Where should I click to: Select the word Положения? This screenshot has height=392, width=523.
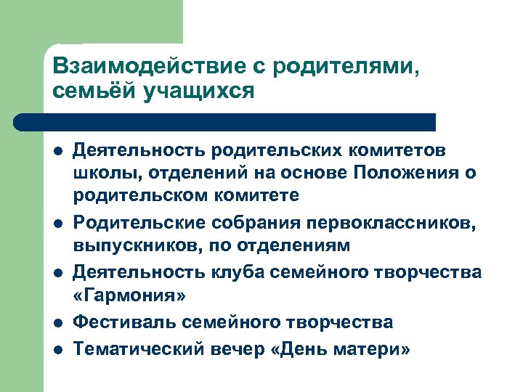click(406, 171)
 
